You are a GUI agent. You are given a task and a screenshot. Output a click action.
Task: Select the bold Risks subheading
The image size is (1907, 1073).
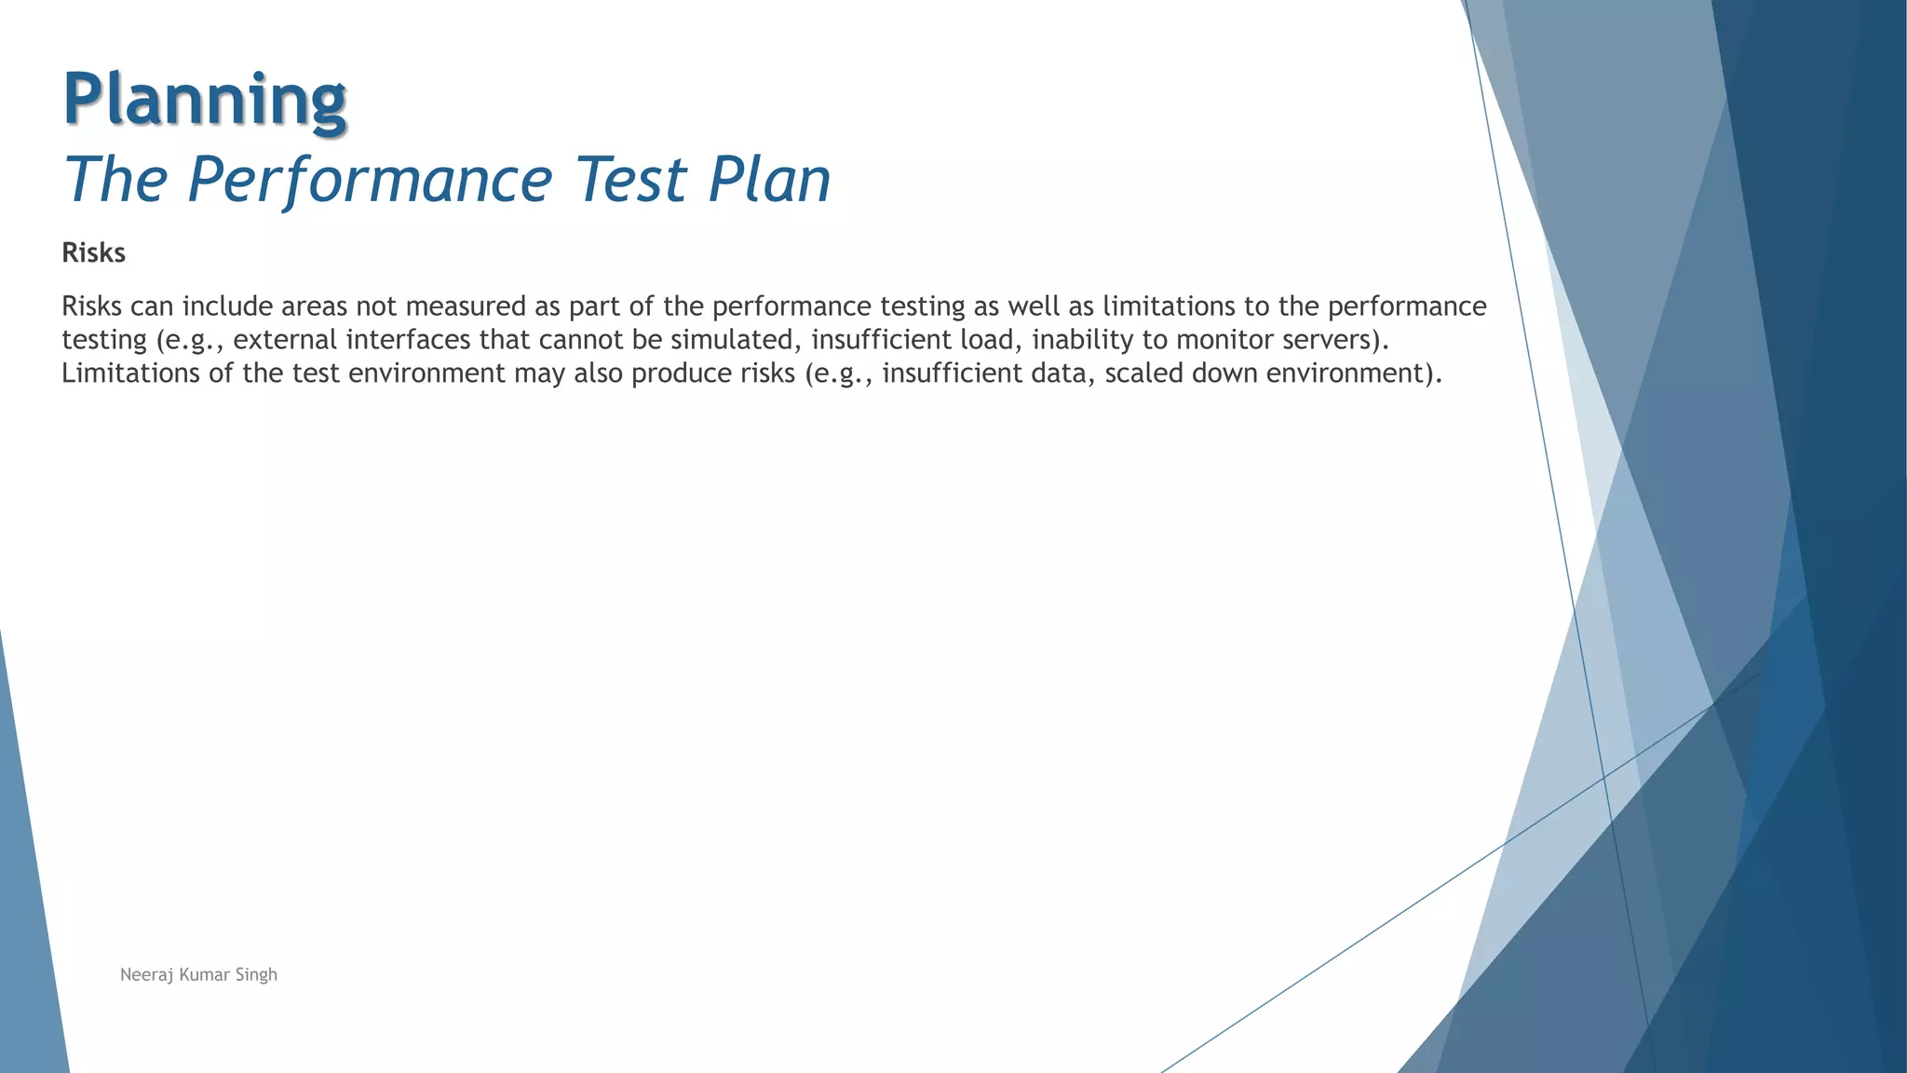[93, 253]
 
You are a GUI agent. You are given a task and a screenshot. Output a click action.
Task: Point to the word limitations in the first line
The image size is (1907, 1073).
[1169, 306]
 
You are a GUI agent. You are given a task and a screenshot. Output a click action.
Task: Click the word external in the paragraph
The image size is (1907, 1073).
[285, 340]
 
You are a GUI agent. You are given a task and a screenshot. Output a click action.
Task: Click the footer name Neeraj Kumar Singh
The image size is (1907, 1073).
[198, 975]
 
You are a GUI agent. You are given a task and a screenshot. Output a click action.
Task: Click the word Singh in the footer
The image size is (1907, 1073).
[256, 975]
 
